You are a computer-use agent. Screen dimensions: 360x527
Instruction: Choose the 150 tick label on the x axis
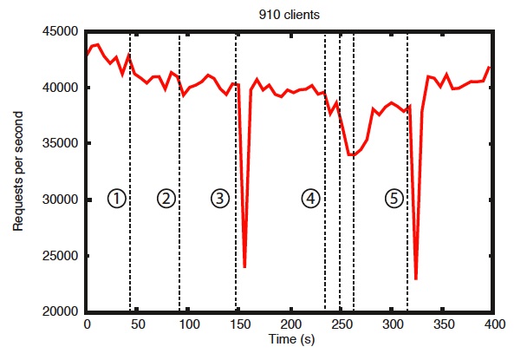pyautogui.click(x=239, y=324)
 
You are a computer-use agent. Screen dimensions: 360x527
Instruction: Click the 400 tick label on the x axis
pyautogui.click(x=494, y=324)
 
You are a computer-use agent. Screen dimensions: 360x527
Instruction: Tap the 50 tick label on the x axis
pyautogui.click(x=137, y=324)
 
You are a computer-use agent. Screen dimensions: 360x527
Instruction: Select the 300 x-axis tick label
pyautogui.click(x=393, y=324)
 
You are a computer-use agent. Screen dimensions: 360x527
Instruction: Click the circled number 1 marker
pyautogui.click(x=116, y=199)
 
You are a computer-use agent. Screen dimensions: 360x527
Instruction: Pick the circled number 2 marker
pyautogui.click(x=166, y=199)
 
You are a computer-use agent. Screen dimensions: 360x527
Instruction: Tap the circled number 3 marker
pyautogui.click(x=219, y=199)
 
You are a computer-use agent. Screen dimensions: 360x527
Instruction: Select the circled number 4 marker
pyautogui.click(x=310, y=199)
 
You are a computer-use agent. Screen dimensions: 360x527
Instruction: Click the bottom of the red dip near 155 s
pyautogui.click(x=245, y=266)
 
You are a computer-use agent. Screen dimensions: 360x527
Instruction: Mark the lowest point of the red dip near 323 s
pyautogui.click(x=416, y=278)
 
